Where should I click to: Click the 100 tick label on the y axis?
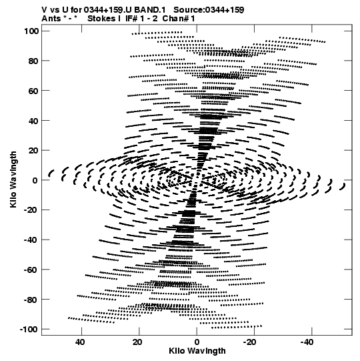(31, 31)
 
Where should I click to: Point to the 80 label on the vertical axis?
(33, 61)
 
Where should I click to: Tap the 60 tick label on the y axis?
(33, 91)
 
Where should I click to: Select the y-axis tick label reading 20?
(33, 150)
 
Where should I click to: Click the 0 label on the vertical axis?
(35, 180)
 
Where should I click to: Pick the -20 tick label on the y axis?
(31, 210)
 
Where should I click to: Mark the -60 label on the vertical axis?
(31, 270)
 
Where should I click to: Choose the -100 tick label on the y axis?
(29, 329)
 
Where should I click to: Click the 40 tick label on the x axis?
(80, 342)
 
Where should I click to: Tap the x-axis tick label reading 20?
(137, 342)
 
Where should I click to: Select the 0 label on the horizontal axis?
(197, 342)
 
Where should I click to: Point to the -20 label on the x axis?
(249, 342)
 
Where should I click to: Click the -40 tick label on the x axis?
(307, 342)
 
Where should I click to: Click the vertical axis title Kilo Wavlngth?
(13, 179)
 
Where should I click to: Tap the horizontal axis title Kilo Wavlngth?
(197, 351)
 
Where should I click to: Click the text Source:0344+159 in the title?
(209, 9)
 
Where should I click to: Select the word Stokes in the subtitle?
(104, 19)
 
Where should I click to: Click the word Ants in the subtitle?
(51, 19)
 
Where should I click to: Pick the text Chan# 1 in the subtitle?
(179, 19)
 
